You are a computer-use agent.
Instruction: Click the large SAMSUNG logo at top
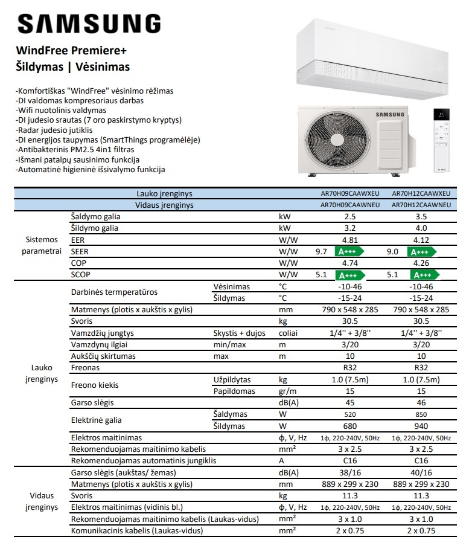coord(89,24)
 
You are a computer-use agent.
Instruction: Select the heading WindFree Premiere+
coord(71,51)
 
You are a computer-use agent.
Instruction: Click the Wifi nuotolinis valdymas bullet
coord(62,111)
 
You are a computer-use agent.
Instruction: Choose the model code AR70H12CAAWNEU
coord(421,205)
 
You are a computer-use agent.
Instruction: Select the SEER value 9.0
coord(392,252)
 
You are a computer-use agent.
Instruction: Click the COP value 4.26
coord(421,263)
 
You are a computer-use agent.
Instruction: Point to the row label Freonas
coord(85,367)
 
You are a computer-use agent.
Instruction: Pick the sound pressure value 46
coord(421,402)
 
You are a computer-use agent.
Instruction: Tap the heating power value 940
coord(421,426)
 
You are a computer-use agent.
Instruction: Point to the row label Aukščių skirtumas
coord(103,356)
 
